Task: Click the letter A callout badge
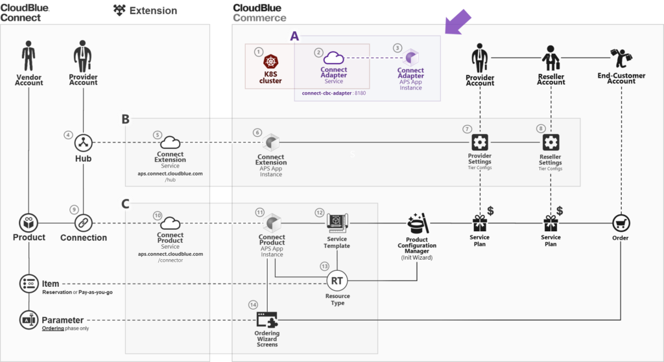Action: coord(295,37)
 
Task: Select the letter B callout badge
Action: coord(126,119)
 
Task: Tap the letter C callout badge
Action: coord(126,204)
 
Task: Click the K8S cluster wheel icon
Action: coord(271,62)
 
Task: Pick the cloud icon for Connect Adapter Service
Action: coord(334,58)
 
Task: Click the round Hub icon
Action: coord(82,141)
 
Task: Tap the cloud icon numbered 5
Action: coord(170,142)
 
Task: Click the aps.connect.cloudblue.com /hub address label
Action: coord(171,177)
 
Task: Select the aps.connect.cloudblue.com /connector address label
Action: coord(171,256)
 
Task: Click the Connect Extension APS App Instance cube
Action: coord(270,142)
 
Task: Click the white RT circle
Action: coord(337,280)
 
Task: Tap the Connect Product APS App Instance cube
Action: coord(271,223)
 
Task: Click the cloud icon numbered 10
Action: coord(170,223)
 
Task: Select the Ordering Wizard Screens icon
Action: coord(267,320)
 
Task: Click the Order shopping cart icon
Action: coord(621,223)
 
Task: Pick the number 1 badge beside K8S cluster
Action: coord(259,51)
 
